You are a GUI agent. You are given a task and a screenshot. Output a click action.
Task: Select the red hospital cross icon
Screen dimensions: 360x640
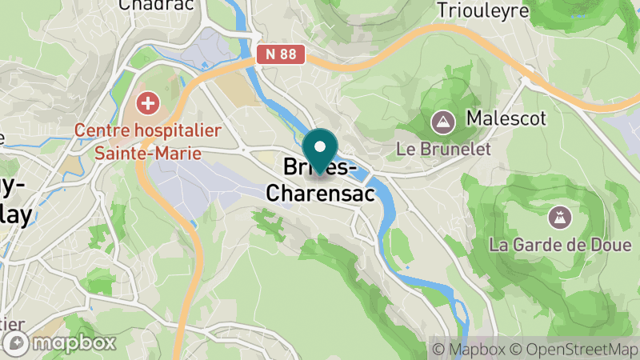pos(147,102)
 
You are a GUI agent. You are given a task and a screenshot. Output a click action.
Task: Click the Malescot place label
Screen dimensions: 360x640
pos(506,119)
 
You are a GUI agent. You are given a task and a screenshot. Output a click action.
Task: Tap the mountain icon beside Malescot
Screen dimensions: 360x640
pos(441,122)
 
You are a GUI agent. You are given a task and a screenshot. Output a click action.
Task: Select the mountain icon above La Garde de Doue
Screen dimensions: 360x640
pos(559,216)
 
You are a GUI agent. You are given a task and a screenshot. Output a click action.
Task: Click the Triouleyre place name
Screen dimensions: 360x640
pos(484,10)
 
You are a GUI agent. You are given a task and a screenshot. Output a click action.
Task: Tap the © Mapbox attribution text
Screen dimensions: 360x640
pos(467,349)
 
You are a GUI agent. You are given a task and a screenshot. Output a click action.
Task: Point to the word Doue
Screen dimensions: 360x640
pos(609,244)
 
